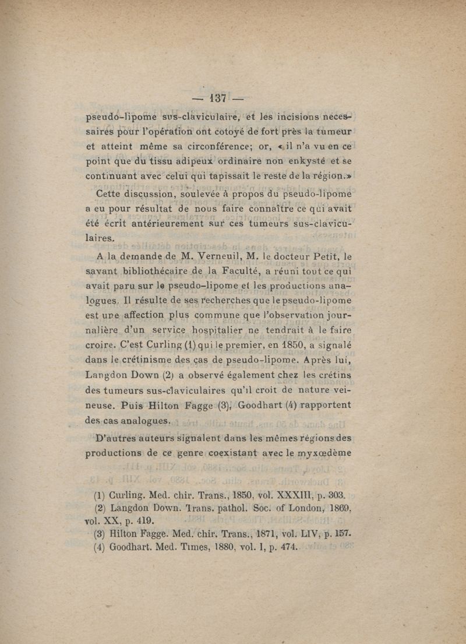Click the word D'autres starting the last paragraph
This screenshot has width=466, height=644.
[115, 438]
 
